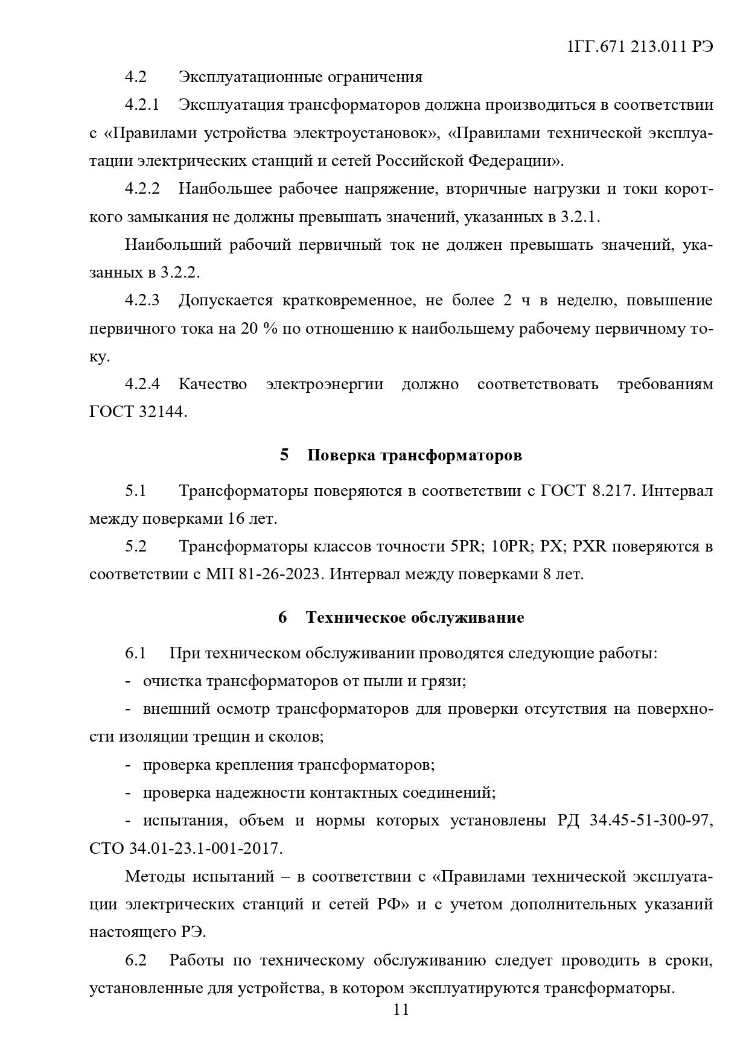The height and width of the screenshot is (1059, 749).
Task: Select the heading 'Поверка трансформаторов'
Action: pyautogui.click(x=414, y=455)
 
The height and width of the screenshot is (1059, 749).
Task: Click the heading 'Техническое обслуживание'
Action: pyautogui.click(x=415, y=617)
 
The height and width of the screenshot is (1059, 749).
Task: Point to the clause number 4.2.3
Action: pyautogui.click(x=142, y=301)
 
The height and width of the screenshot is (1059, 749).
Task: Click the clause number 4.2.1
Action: pyautogui.click(x=142, y=105)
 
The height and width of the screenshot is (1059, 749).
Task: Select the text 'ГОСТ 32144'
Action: pyautogui.click(x=138, y=412)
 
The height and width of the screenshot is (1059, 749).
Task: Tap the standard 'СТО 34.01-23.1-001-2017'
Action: pyautogui.click(x=185, y=848)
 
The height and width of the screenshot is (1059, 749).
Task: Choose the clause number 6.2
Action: pyautogui.click(x=136, y=961)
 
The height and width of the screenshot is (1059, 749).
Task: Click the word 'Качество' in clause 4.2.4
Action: pyautogui.click(x=212, y=384)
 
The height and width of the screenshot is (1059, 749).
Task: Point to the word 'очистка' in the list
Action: pyautogui.click(x=173, y=681)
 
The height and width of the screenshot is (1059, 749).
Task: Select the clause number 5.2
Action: pyautogui.click(x=136, y=547)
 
